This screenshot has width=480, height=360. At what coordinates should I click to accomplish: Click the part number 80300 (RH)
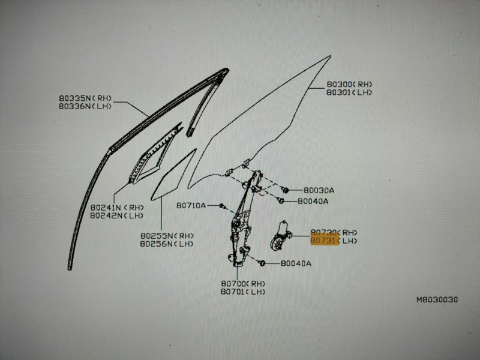349,84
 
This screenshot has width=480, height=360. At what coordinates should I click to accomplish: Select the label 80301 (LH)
349,92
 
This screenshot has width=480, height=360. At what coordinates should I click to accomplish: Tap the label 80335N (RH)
85,98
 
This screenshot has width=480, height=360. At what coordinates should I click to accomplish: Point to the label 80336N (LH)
85,106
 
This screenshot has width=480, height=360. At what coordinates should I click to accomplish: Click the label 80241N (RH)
117,207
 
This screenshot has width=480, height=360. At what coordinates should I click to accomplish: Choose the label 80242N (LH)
116,215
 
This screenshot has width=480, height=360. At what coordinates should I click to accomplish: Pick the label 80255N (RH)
167,236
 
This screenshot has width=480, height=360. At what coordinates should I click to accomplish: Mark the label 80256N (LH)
167,244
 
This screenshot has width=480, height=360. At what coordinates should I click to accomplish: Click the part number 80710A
191,205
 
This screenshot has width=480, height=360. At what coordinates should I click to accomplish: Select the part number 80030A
319,190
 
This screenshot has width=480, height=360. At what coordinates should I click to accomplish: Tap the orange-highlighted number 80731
325,241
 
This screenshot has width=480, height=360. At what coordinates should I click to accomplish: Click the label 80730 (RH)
334,233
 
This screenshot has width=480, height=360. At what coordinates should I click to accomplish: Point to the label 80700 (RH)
243,284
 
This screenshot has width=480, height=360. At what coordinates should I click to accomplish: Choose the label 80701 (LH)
243,292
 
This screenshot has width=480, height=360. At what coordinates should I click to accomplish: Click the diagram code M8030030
437,299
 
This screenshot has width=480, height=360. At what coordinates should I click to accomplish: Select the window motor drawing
280,236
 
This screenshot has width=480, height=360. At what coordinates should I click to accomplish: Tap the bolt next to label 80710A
223,206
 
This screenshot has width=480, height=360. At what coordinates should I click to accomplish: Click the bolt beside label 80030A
285,190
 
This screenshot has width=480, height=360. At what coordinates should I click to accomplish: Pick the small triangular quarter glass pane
173,175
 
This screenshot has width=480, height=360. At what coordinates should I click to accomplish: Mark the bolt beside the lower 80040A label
262,263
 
